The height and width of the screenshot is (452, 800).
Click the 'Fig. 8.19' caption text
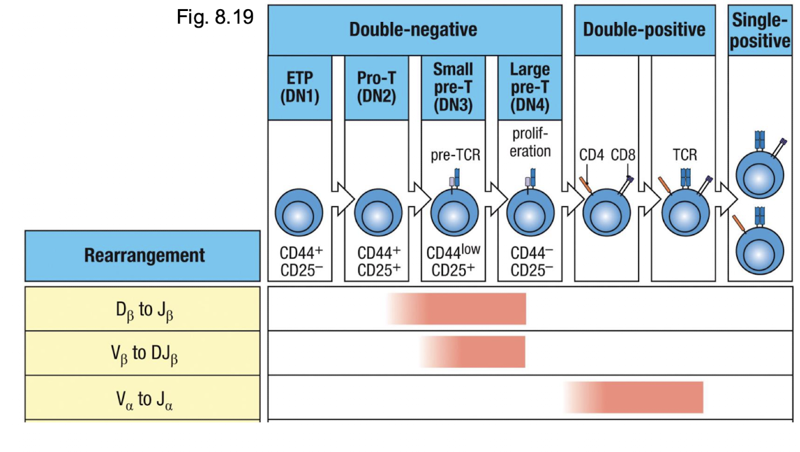pos(215,16)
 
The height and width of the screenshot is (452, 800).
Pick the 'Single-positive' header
pos(760,30)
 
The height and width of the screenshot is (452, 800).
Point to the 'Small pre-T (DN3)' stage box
pos(453,87)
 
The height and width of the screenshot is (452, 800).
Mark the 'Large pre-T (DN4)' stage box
pos(530,87)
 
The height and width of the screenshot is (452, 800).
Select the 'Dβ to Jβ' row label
pos(142,309)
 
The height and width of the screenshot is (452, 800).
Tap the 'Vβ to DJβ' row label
pos(142,353)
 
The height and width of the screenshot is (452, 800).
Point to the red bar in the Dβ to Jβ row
pos(465,309)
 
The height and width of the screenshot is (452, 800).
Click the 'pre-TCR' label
pos(455,155)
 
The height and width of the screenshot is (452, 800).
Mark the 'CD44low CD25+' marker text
pos(453,261)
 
